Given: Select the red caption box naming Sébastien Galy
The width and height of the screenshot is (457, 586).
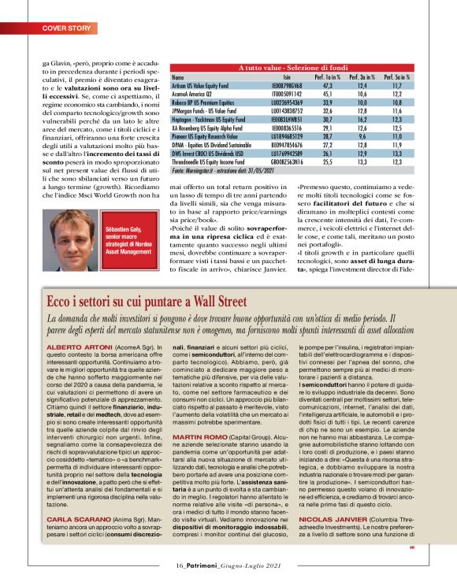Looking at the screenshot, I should click(128, 233).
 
